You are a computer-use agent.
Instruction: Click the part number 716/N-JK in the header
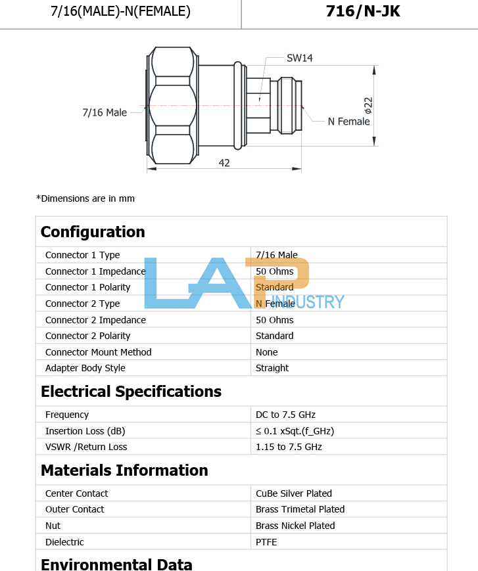pos(362,11)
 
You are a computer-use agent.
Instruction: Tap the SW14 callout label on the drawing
pos(300,58)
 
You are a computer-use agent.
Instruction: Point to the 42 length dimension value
pos(224,162)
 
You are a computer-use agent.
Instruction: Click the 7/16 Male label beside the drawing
pos(105,112)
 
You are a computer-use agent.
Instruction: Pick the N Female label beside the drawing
pos(348,122)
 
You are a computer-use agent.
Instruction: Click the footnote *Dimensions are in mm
pos(85,198)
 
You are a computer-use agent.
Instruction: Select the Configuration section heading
pos(93,232)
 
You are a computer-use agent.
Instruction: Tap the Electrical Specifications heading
pos(131,392)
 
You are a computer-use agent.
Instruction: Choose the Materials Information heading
pos(124,470)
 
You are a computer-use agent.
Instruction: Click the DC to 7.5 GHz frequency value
pos(285,415)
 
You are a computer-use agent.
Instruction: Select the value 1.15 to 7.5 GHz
pos(289,447)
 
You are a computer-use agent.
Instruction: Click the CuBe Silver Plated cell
pos(293,493)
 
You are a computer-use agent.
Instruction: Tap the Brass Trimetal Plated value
pos(300,509)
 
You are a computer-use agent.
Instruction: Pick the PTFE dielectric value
pos(266,542)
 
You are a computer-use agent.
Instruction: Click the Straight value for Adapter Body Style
pos(272,368)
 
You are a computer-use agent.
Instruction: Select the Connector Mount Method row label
pos(98,352)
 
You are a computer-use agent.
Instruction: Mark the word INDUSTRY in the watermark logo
pos(306,302)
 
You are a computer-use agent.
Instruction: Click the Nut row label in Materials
pos(53,526)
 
